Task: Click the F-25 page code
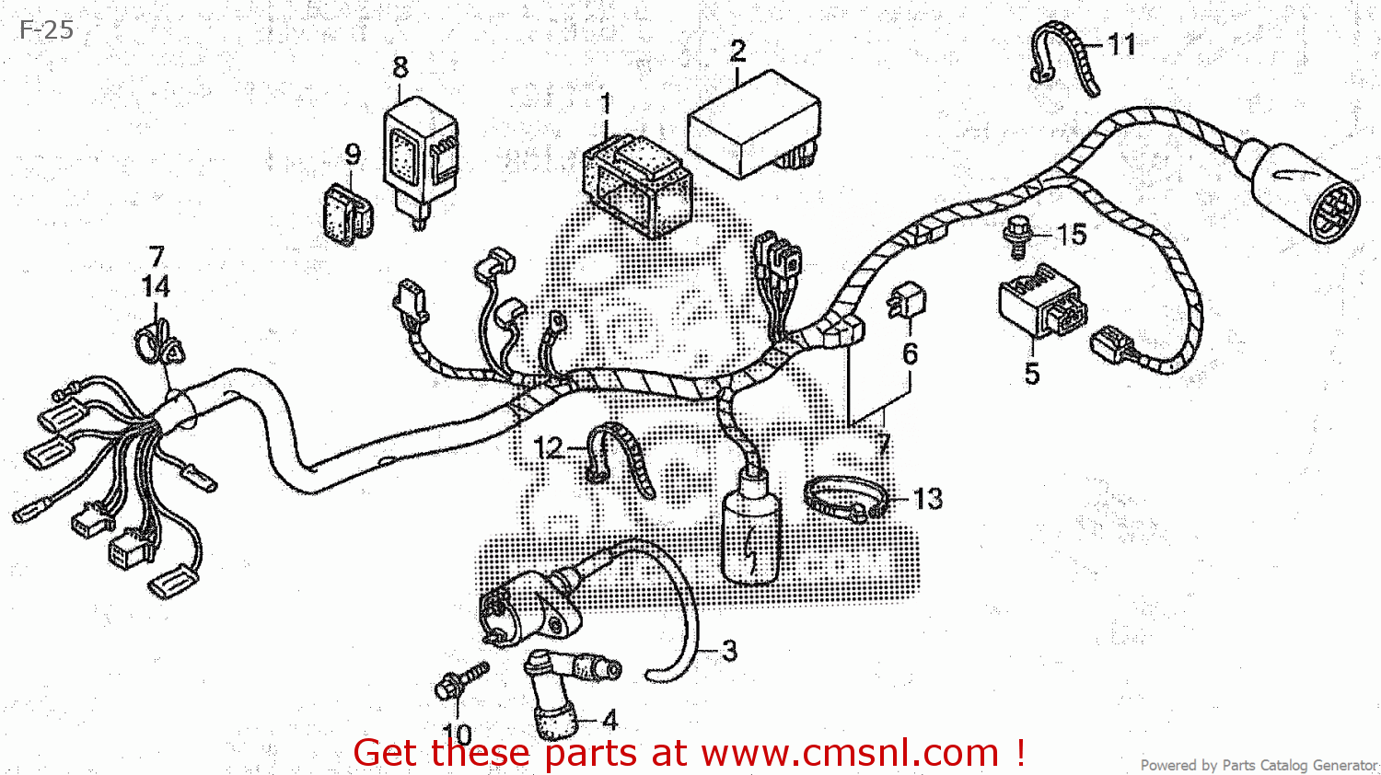46,29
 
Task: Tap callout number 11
1121,44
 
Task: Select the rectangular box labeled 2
754,124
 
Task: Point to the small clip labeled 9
348,214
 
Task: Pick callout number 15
1072,235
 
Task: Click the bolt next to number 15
1018,237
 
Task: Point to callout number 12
548,447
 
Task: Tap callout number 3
729,651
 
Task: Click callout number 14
156,286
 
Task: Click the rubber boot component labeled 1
637,185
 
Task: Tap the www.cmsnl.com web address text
850,753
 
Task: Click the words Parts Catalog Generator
1299,765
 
